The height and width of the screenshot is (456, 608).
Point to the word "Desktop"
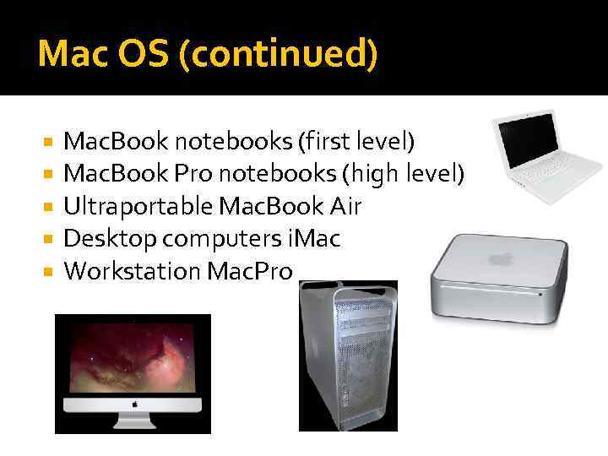pyautogui.click(x=110, y=239)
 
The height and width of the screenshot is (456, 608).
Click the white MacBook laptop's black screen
pyautogui.click(x=527, y=138)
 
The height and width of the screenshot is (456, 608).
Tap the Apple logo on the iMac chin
pyautogui.click(x=133, y=403)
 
